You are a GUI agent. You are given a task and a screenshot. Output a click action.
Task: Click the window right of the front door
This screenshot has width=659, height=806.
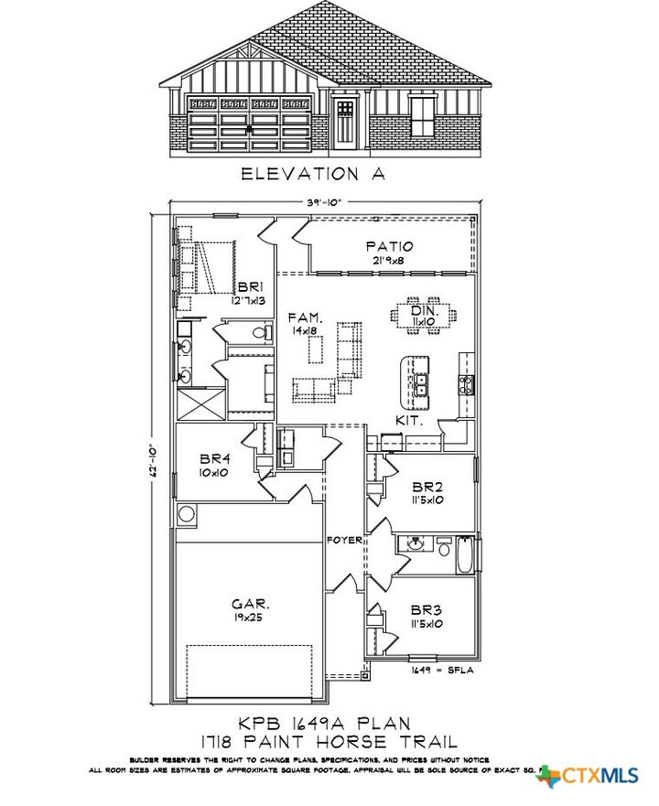(423, 116)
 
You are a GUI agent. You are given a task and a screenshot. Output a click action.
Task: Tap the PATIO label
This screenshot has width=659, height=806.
(389, 246)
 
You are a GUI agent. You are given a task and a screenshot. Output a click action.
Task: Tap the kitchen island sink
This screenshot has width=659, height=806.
(423, 385)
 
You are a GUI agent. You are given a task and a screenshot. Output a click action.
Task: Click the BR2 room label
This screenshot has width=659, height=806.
(426, 488)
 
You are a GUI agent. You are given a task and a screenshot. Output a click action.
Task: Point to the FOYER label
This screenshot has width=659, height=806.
(344, 539)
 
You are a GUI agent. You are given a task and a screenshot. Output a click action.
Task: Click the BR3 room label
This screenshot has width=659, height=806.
(426, 610)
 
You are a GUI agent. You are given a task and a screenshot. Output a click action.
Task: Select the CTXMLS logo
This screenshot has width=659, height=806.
(590, 776)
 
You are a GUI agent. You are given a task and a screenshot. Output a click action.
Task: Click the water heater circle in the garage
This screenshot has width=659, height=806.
(188, 514)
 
